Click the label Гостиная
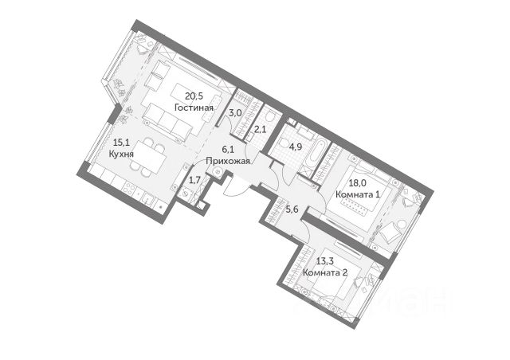click(194, 108)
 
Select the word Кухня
click(121, 154)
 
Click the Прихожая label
click(228, 161)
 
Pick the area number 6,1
click(228, 149)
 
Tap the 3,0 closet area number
click(234, 113)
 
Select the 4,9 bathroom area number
click(296, 147)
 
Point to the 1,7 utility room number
click(194, 180)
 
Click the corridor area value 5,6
click(292, 209)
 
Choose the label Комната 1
click(358, 194)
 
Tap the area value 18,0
click(356, 183)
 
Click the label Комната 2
click(325, 272)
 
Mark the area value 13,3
click(325, 260)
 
